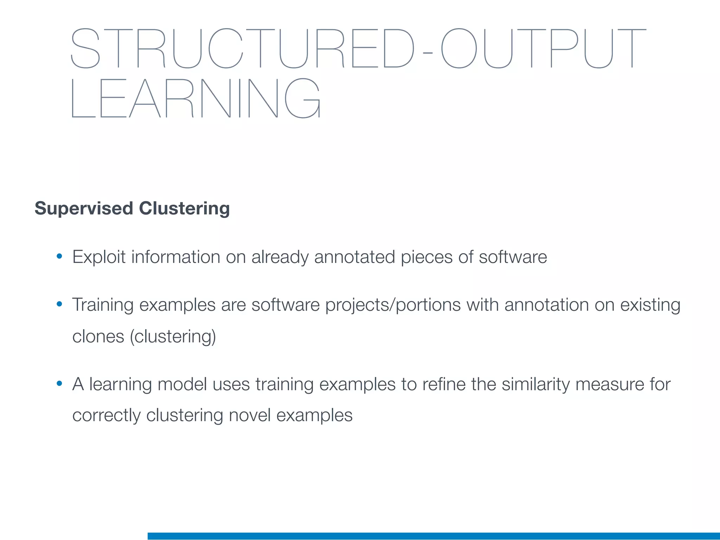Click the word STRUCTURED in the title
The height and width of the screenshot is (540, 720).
[243, 48]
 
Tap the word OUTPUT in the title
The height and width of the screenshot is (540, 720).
[543, 48]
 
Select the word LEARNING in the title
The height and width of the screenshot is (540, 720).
[195, 98]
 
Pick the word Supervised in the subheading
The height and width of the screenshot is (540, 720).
[84, 208]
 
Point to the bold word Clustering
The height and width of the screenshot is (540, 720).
[184, 208]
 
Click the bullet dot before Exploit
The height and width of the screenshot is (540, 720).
[59, 256]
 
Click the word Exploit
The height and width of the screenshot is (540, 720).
[99, 257]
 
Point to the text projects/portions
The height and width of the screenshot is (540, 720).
[393, 305]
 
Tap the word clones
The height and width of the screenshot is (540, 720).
[98, 336]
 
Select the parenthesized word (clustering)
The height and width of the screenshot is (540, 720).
[173, 337]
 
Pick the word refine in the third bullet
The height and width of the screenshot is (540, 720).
[444, 384]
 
